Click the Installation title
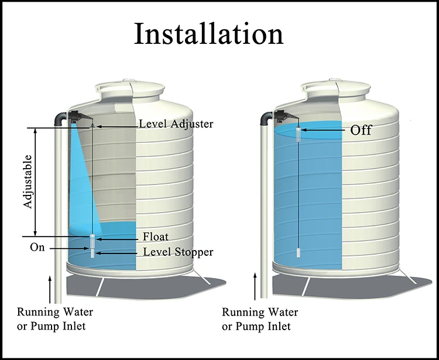pyautogui.click(x=208, y=33)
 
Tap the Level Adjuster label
pyautogui.click(x=176, y=124)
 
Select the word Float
pyautogui.click(x=156, y=236)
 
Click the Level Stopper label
pyautogui.click(x=178, y=252)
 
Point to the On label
pyautogui.click(x=37, y=248)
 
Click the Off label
pyautogui.click(x=361, y=130)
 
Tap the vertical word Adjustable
pyautogui.click(x=28, y=181)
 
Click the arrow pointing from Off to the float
pyautogui.click(x=323, y=130)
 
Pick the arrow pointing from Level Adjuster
pyautogui.click(x=118, y=126)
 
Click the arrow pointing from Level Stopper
pyautogui.click(x=116, y=253)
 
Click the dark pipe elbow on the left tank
pyautogui.click(x=60, y=119)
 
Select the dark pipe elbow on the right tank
pyautogui.click(x=266, y=118)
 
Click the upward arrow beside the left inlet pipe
pyautogui.click(x=50, y=290)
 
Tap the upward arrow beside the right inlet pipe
pyautogui.click(x=255, y=286)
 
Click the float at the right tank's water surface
pyautogui.click(x=299, y=134)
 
